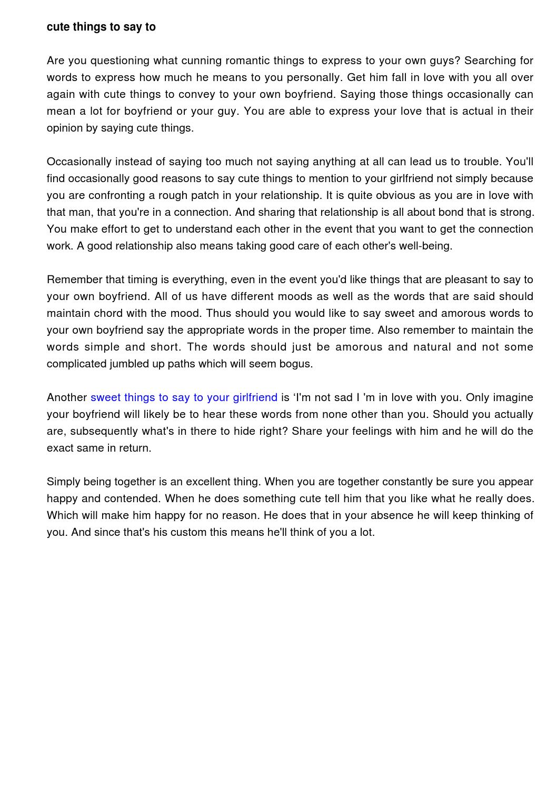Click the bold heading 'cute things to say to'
(x=101, y=27)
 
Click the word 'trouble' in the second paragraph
(x=482, y=162)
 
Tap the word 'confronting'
(x=116, y=195)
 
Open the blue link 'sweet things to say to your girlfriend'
(x=184, y=397)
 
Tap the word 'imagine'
(x=513, y=397)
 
